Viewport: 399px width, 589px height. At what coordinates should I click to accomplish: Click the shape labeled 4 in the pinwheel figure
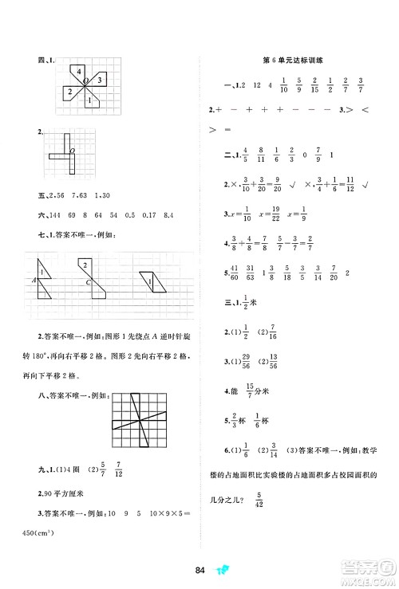coord(81,74)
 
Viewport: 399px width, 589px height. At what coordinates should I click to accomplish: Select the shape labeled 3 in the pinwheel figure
coord(98,80)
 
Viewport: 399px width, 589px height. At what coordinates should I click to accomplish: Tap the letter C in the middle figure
coord(77,281)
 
